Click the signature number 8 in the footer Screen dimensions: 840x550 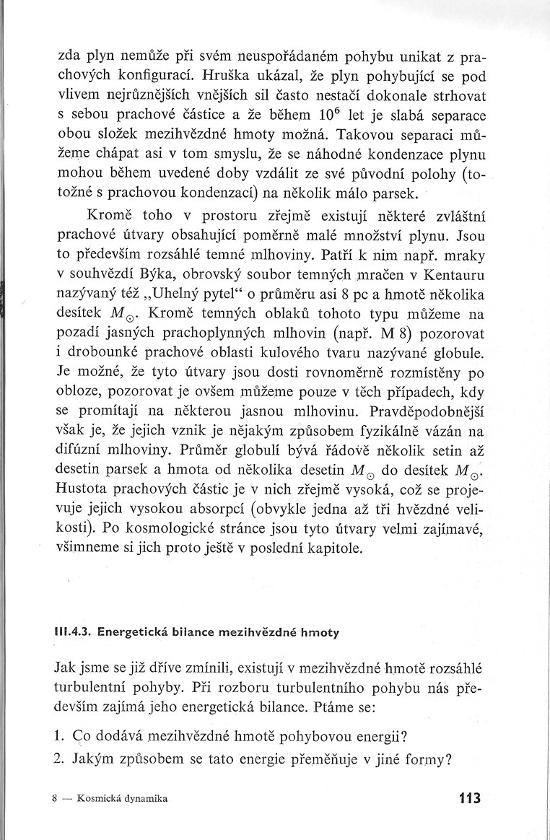point(56,800)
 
